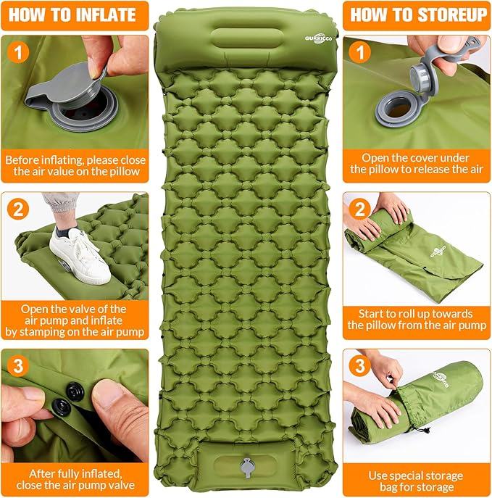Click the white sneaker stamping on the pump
[79, 255]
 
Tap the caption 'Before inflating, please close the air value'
[75, 165]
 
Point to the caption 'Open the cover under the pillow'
[417, 163]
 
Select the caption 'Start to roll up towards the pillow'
[417, 320]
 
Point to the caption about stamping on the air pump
[75, 320]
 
